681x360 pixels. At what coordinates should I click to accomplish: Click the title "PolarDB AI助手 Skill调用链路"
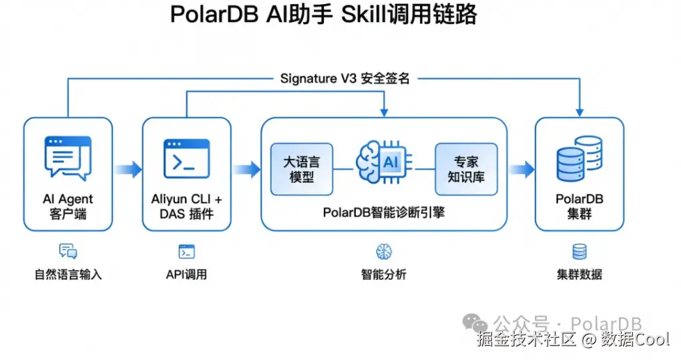click(324, 15)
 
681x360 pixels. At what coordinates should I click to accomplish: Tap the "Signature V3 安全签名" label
click(345, 79)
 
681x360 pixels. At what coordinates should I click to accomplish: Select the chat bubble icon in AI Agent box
click(68, 158)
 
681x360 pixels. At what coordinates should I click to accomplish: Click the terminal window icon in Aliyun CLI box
click(187, 158)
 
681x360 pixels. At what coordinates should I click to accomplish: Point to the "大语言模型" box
click(301, 170)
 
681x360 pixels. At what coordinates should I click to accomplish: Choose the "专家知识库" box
click(466, 170)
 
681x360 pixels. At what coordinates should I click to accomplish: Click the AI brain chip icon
click(384, 162)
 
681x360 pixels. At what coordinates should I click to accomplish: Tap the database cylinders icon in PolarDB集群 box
click(580, 158)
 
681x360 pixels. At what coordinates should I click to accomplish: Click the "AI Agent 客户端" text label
click(67, 206)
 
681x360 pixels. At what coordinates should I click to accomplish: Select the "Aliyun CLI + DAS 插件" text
click(187, 206)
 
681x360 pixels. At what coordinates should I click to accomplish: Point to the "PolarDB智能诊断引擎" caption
click(384, 212)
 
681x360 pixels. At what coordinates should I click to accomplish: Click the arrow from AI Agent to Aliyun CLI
click(128, 170)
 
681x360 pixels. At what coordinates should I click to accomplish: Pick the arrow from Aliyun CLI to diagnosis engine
click(246, 170)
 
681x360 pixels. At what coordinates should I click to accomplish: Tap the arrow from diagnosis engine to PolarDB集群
click(521, 170)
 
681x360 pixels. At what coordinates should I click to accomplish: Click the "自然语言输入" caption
click(68, 275)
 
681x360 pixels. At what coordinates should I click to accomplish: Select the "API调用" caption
click(186, 275)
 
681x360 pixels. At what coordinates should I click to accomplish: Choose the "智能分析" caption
click(384, 275)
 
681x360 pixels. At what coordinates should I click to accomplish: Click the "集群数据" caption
click(580, 275)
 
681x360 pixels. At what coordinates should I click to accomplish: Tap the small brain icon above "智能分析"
click(384, 251)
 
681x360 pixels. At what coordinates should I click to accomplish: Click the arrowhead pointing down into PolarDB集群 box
click(580, 113)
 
